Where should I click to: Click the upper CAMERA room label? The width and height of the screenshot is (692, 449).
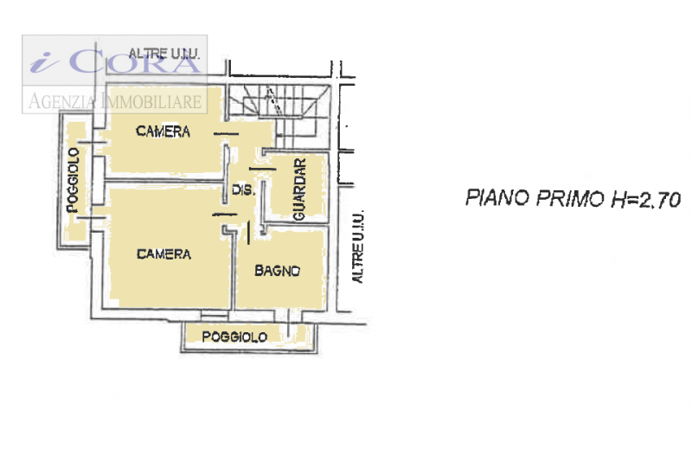pos(163,131)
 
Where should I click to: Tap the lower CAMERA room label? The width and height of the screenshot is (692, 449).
pos(163,253)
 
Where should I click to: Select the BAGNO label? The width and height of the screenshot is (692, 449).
pos(277,270)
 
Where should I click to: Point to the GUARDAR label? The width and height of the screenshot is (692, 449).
pos(299,189)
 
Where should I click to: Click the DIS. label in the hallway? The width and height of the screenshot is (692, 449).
pos(243,189)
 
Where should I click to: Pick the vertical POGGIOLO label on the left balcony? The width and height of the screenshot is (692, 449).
pos(73,180)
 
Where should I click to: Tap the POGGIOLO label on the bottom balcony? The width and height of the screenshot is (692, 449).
pos(234,337)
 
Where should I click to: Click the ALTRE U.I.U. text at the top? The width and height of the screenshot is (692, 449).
pos(164,54)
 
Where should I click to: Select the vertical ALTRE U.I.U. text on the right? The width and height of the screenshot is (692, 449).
pos(357,247)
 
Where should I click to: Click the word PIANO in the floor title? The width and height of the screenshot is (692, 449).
pos(497,198)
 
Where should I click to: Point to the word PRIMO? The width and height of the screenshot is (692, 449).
pos(570,199)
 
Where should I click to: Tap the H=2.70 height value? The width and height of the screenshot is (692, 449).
pos(644,201)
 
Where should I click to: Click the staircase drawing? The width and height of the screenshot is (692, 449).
pos(279,116)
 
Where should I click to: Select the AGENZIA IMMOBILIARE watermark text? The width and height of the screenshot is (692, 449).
pos(115,101)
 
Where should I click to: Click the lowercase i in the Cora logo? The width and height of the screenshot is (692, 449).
pos(44,61)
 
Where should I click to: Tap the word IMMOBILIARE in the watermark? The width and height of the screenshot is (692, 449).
pos(151,101)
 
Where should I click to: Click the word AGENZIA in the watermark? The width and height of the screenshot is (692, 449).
pos(61,101)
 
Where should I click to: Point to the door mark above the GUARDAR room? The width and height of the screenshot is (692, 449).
pos(263,169)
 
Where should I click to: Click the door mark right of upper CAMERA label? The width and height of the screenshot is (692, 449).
pos(226,134)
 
